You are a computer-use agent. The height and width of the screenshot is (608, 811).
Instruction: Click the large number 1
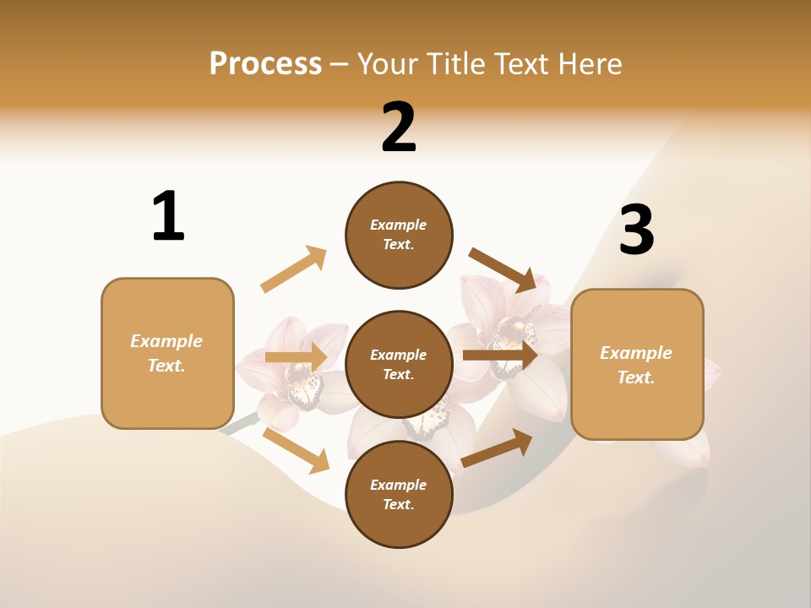(x=168, y=216)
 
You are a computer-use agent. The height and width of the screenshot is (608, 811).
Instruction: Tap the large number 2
(x=399, y=128)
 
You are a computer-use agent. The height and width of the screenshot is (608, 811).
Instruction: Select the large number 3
(x=637, y=230)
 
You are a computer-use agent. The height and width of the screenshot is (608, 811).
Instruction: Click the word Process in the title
(x=265, y=63)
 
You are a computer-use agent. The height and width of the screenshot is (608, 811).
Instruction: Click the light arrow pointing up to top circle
(x=294, y=269)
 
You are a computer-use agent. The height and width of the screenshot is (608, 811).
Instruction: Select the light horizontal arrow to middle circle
(x=296, y=357)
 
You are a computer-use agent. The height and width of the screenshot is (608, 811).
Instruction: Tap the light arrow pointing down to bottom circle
(x=297, y=450)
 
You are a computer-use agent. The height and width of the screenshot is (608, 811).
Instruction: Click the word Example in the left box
(x=166, y=341)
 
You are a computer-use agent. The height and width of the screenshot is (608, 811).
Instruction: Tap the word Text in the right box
(x=635, y=377)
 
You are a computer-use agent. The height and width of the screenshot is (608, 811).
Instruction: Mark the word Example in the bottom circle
(x=398, y=485)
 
